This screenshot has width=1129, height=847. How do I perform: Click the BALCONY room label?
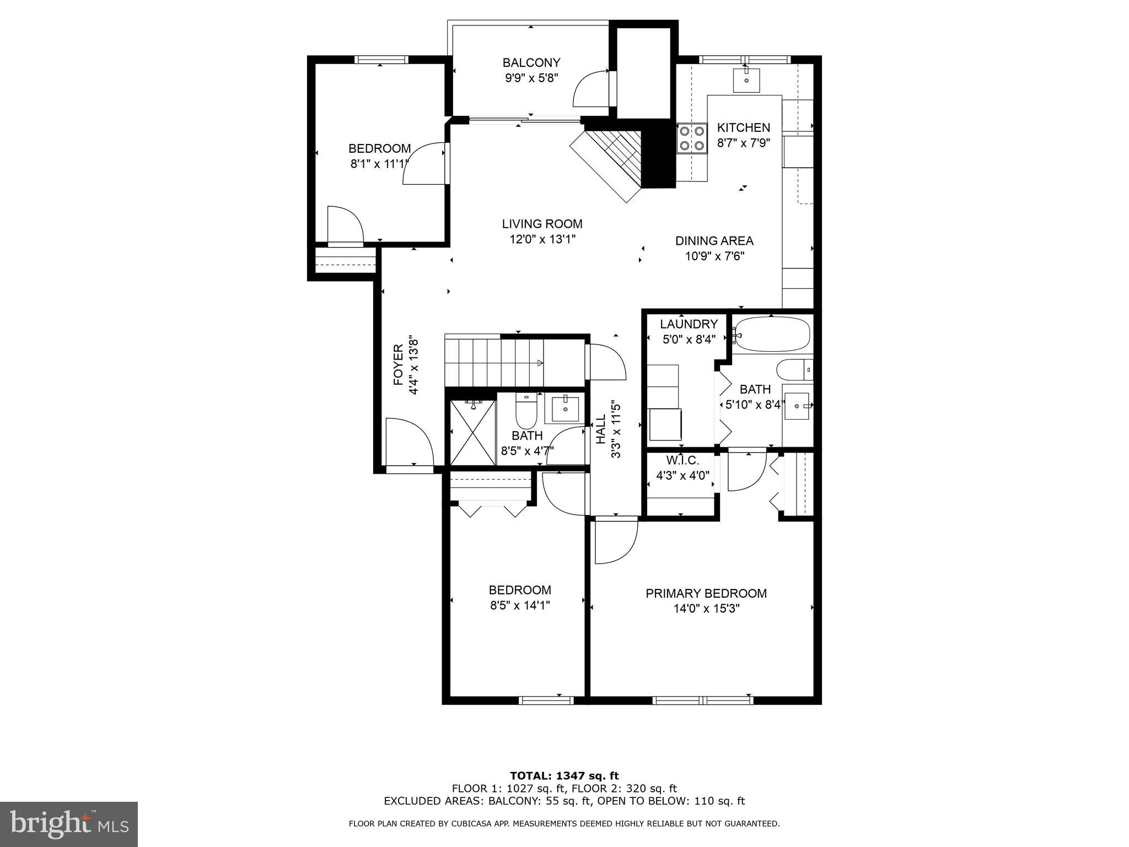click(x=531, y=63)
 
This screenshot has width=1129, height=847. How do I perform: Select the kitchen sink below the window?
click(x=746, y=81)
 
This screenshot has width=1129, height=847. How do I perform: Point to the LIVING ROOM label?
click(x=542, y=224)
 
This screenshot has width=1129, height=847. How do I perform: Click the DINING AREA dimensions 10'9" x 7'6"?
click(x=714, y=256)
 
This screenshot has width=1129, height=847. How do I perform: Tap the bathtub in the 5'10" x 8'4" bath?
click(x=772, y=334)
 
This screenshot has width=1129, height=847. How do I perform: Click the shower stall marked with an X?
click(x=473, y=433)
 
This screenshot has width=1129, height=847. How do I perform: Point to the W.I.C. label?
click(x=682, y=460)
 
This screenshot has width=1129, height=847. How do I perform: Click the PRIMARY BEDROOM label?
click(x=706, y=593)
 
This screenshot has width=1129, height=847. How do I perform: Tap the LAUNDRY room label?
click(x=689, y=324)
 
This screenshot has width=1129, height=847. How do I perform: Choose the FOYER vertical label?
click(x=399, y=365)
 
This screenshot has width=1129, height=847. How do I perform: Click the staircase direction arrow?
click(x=540, y=363)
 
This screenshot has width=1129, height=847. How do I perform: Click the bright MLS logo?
click(x=69, y=824)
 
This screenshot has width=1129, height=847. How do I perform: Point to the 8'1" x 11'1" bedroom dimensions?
click(x=379, y=164)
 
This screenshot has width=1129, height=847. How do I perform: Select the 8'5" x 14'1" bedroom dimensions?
click(x=520, y=605)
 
